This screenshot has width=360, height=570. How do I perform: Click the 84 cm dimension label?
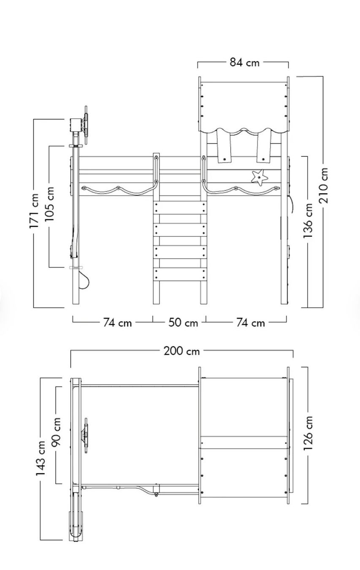click(x=244, y=62)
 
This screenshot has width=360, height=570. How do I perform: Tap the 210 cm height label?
click(x=324, y=185)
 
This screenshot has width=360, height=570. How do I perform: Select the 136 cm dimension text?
click(x=308, y=221)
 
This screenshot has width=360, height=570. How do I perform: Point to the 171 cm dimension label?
click(x=34, y=211)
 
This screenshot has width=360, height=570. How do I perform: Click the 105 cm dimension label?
click(x=50, y=204)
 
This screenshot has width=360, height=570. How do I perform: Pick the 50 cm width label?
click(x=183, y=323)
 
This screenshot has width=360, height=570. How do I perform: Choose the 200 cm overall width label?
click(x=181, y=351)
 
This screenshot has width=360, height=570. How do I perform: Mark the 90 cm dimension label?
click(x=56, y=432)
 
